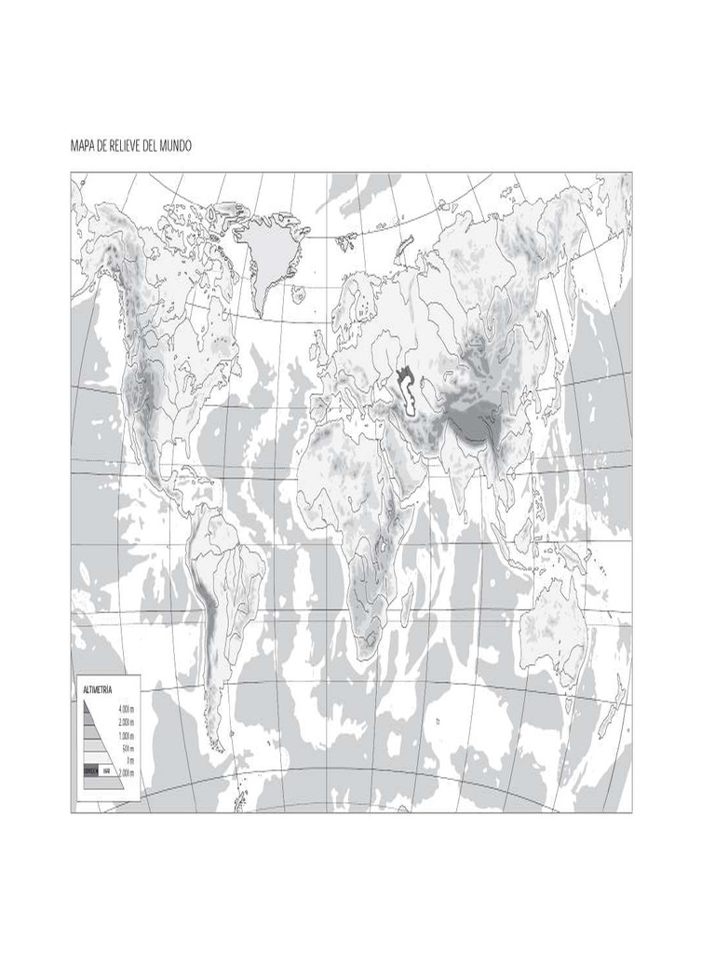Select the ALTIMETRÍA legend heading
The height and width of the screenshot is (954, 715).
click(x=98, y=688)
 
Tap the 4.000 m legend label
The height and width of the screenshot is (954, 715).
click(x=127, y=709)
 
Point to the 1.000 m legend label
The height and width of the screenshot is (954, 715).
click(x=127, y=735)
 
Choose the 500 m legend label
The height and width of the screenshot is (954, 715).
click(x=128, y=748)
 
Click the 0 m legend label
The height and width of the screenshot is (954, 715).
click(x=130, y=760)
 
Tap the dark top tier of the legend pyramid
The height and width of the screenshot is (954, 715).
click(x=88, y=709)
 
